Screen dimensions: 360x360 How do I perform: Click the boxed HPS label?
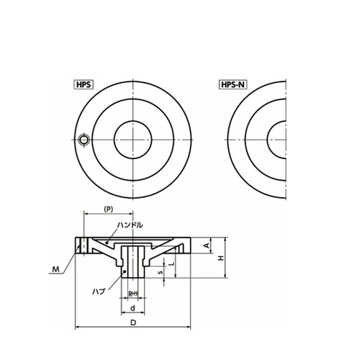pos(84,85)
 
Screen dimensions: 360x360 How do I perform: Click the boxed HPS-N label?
pos(233,85)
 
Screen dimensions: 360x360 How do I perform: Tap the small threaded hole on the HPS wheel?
pos(84,140)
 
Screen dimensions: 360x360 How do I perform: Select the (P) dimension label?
pos(109,209)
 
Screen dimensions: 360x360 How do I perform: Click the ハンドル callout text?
pos(130,225)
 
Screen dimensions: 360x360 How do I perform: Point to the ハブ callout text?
pos(99,292)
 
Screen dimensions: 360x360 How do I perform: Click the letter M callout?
pos(56,269)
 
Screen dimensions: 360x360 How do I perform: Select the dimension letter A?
pos(207,246)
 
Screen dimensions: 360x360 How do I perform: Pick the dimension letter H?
pos(221,258)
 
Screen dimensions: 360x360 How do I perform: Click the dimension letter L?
pos(171,264)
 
